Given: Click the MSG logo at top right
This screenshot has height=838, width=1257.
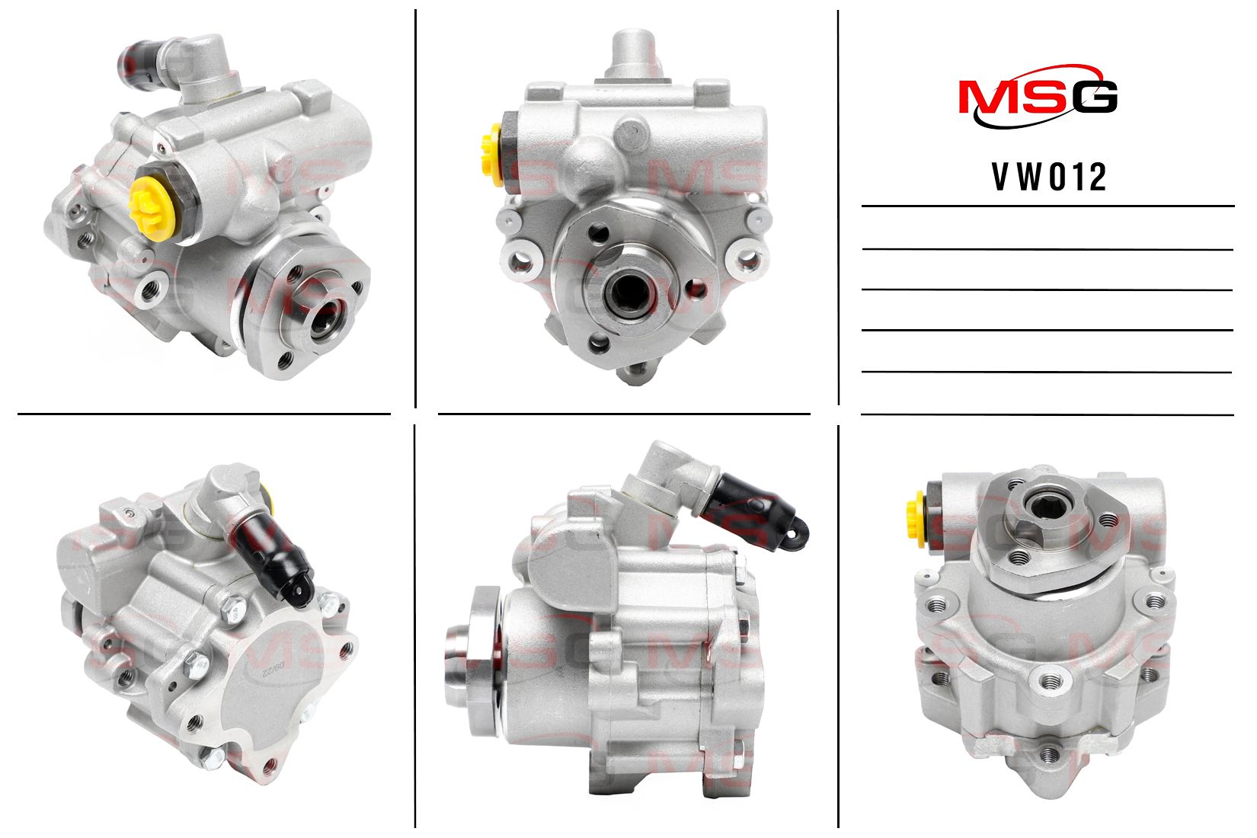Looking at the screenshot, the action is pyautogui.click(x=1038, y=97).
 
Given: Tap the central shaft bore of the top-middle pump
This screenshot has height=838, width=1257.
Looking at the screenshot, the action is pyautogui.click(x=629, y=290).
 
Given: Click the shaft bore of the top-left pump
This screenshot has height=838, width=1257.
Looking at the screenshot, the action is pyautogui.click(x=326, y=319).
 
